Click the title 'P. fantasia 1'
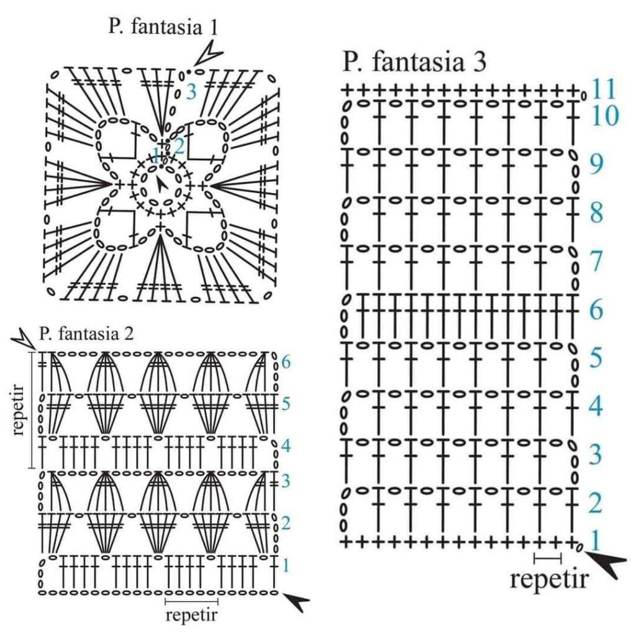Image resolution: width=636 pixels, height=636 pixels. (163, 27)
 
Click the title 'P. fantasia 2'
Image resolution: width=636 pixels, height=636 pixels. (86, 334)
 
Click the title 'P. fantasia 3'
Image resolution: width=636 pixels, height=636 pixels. (414, 61)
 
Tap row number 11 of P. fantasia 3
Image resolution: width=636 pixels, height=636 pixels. (604, 89)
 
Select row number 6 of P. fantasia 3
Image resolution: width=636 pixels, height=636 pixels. (596, 310)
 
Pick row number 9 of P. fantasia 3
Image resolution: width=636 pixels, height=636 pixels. (596, 164)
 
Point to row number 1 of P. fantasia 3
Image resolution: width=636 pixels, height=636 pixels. (596, 540)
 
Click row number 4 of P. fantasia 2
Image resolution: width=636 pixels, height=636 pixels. (286, 446)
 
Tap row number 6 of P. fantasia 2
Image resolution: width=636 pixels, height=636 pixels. (286, 361)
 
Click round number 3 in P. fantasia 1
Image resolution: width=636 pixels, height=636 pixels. (191, 92)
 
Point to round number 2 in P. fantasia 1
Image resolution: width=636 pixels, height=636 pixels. (179, 147)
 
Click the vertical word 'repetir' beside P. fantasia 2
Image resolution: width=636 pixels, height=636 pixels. (19, 410)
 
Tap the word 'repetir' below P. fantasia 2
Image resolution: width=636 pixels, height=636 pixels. (191, 615)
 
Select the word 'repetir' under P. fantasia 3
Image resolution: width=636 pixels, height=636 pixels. (548, 579)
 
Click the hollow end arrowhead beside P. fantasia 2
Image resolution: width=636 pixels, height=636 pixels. (23, 338)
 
